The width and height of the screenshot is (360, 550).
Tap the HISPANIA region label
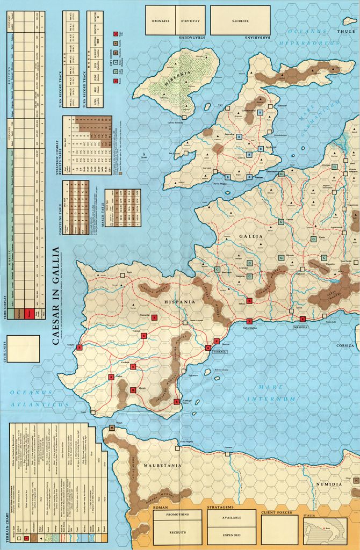coord(183,302)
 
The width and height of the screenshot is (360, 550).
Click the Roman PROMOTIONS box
coord(177,515)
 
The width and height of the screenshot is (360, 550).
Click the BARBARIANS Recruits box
coord(240,20)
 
